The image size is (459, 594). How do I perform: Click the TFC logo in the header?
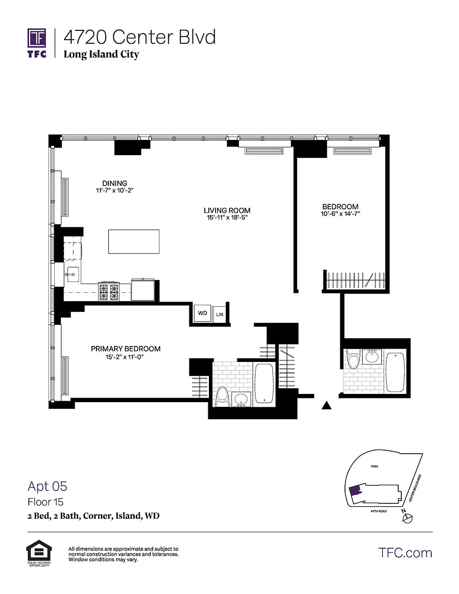[x=37, y=43]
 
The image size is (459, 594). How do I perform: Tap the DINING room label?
[x=114, y=184]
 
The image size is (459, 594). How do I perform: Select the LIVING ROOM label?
[x=227, y=210]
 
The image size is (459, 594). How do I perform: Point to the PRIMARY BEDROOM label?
[x=125, y=349]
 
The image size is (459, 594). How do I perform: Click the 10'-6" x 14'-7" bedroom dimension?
[x=340, y=213]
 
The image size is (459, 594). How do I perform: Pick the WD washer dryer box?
[x=202, y=313]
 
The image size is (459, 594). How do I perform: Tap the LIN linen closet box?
[x=220, y=314]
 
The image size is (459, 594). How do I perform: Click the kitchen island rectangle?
[x=134, y=241]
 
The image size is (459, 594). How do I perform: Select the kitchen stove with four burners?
[x=109, y=292]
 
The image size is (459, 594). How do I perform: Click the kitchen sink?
[x=72, y=274]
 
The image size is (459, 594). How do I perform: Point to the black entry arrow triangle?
[x=327, y=405]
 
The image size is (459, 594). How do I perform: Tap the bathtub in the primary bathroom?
[x=264, y=384]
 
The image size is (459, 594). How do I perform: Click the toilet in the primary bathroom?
[x=222, y=398]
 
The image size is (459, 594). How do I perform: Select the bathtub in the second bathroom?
[x=396, y=372]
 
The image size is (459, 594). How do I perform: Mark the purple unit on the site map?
[x=355, y=490]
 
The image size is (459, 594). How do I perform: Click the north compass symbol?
[x=406, y=518]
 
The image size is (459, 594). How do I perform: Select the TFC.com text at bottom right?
[x=405, y=553]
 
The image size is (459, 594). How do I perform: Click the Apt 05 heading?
[x=47, y=486]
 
